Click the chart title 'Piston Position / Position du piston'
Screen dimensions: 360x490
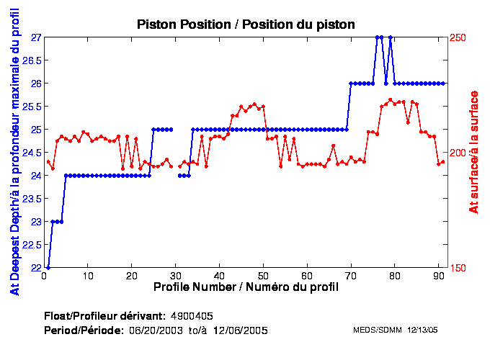coord(246,24)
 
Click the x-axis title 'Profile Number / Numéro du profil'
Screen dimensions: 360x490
coord(246,287)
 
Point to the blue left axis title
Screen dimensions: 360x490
coord(14,153)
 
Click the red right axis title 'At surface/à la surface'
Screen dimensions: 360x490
coord(473,153)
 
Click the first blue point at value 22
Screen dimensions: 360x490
coord(48,267)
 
